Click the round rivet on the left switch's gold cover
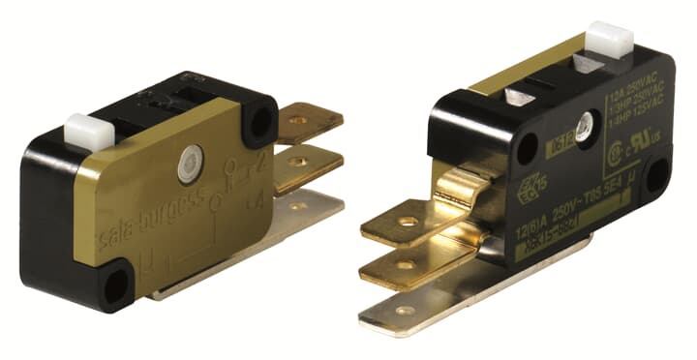(x=189, y=165)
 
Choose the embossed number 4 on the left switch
(x=258, y=200)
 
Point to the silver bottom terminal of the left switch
(x=310, y=208)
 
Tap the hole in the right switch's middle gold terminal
(x=406, y=263)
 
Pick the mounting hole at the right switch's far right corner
(x=656, y=177)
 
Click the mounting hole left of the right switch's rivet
(x=527, y=148)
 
